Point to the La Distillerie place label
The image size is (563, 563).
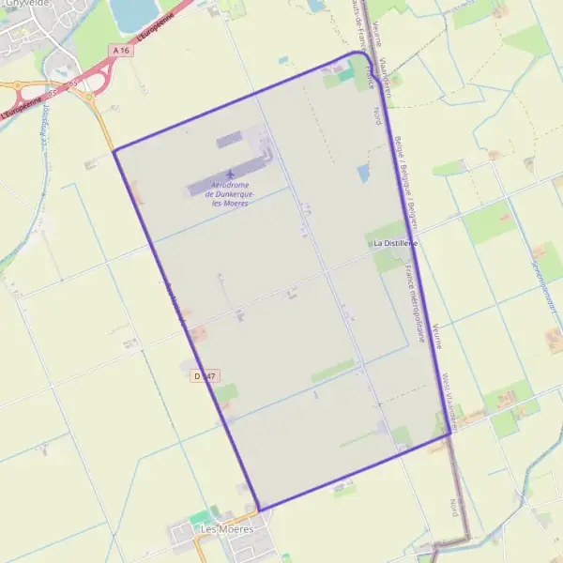[395, 243]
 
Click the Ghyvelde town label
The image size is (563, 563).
[25, 4]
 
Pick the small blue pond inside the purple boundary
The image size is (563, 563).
[363, 173]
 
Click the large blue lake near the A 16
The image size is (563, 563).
[134, 12]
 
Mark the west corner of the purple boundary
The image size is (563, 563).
[114, 151]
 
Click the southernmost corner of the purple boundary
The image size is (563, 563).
[258, 510]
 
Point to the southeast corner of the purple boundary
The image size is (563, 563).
[450, 434]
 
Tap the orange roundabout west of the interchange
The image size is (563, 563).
[17, 85]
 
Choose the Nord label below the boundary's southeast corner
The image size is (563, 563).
[454, 507]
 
